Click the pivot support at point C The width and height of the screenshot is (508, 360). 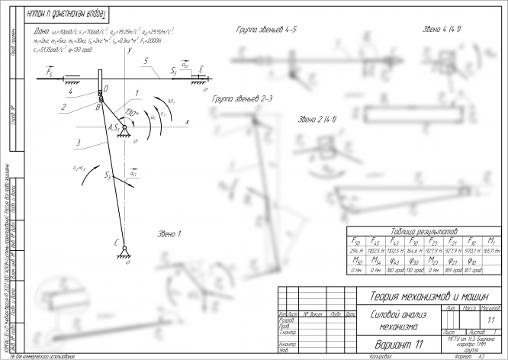pyautogui.click(x=122, y=251)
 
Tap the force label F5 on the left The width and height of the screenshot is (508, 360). pyautogui.click(x=50, y=72)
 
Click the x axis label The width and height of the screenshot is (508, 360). pyautogui.click(x=187, y=121)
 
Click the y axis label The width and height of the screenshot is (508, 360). pyautogui.click(x=131, y=50)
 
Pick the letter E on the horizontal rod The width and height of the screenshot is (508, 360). pyautogui.click(x=201, y=69)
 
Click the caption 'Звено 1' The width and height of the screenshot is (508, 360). pyautogui.click(x=169, y=233)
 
